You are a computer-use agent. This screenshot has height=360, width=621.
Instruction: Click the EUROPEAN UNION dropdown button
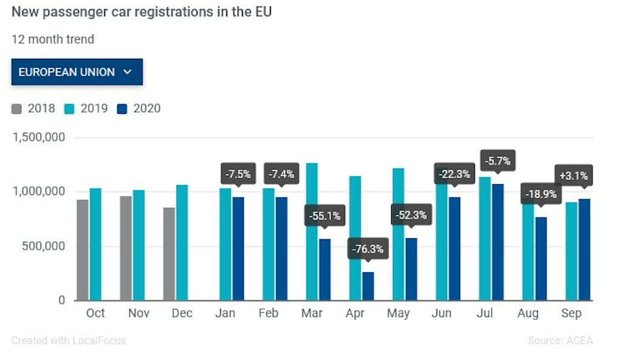[76, 72]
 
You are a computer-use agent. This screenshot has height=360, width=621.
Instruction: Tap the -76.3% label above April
[368, 249]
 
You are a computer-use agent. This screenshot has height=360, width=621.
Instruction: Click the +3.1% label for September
[574, 176]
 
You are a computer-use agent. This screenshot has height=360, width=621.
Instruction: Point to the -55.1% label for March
[324, 215]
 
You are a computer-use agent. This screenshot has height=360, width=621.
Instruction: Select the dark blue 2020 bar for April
[368, 286]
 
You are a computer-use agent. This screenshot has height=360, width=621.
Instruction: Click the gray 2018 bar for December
[169, 254]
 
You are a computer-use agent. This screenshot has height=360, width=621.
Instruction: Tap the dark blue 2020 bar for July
[497, 242]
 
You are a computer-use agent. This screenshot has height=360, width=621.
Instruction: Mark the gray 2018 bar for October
[82, 250]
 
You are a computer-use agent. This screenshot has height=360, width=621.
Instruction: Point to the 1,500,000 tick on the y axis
[39, 138]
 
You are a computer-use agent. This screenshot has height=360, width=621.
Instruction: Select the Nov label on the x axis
[138, 313]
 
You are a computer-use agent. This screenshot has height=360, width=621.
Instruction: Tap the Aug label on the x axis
[528, 313]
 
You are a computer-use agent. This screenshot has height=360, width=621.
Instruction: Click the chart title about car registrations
[141, 12]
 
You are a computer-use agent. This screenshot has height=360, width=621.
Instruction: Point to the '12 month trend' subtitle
[53, 40]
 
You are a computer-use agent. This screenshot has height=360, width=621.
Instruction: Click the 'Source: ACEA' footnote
[560, 341]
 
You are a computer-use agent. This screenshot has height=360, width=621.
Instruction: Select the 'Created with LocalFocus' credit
[69, 341]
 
